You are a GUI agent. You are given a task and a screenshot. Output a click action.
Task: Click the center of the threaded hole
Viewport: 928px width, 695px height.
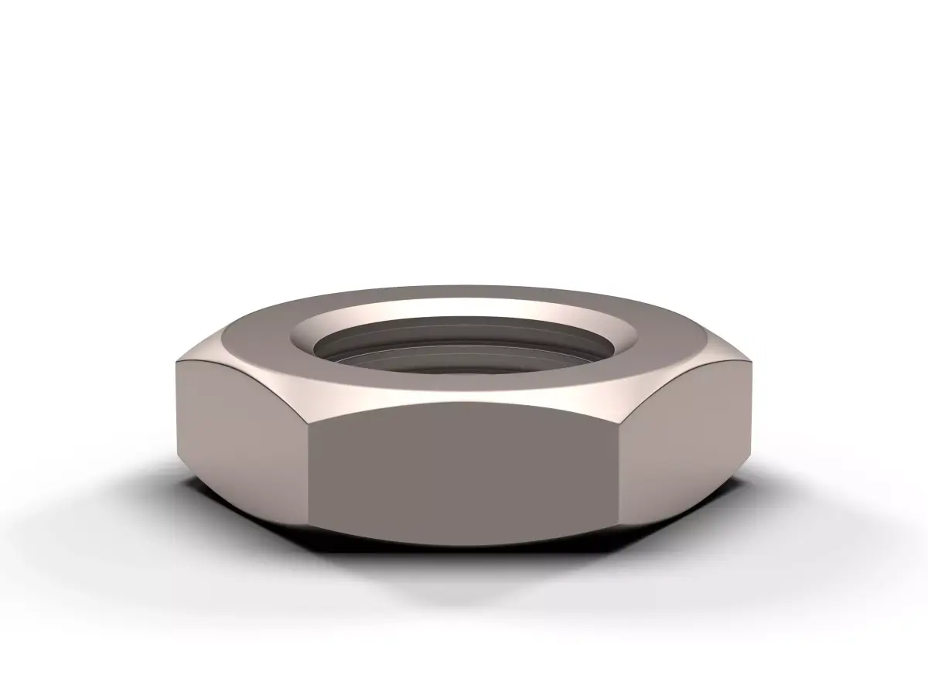pyautogui.click(x=464, y=353)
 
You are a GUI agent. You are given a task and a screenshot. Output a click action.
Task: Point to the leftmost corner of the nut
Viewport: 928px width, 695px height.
pyautogui.click(x=176, y=363)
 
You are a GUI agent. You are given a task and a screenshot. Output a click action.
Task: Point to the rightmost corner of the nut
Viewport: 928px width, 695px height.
pyautogui.click(x=752, y=363)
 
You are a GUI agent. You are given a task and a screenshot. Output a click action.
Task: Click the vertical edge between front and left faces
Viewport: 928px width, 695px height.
pyautogui.click(x=308, y=472)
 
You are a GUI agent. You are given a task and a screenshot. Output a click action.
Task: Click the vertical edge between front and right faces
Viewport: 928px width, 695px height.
pyautogui.click(x=621, y=472)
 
